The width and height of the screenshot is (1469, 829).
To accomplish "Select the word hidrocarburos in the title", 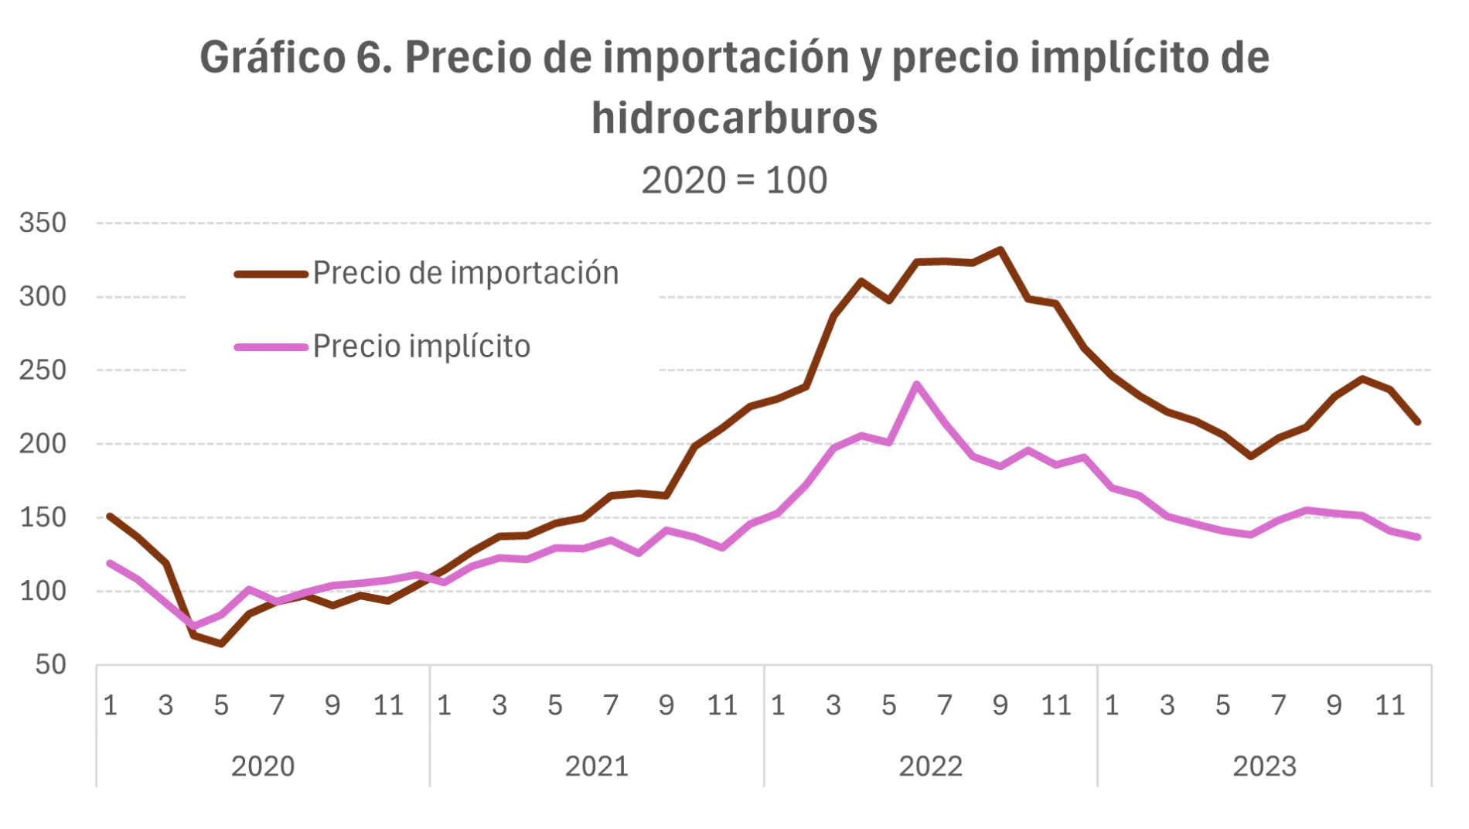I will (x=734, y=118).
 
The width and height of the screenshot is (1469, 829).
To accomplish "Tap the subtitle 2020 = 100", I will (x=734, y=181).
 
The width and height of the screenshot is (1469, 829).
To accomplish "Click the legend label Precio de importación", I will (x=465, y=273).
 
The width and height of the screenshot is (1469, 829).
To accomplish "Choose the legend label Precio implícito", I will (x=421, y=346).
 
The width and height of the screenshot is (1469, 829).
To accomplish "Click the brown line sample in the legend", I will (x=271, y=274).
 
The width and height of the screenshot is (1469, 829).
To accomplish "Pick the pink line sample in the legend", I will (x=271, y=347).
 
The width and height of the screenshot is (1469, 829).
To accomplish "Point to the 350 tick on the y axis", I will (x=43, y=223).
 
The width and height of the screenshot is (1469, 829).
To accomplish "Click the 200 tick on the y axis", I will (x=43, y=444).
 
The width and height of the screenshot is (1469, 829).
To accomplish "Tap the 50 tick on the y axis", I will (x=51, y=664).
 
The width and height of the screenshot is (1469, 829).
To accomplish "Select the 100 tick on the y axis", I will (x=43, y=591).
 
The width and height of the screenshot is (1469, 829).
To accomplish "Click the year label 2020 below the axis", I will (x=263, y=766).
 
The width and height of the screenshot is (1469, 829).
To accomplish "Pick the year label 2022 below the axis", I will (x=930, y=766).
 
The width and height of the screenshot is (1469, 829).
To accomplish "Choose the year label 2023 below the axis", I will (x=1264, y=766).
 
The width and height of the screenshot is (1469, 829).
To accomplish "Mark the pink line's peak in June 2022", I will (x=917, y=384).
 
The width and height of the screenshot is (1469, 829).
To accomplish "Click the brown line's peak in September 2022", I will (x=1000, y=250).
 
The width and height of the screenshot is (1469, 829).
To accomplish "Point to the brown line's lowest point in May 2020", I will (x=222, y=643).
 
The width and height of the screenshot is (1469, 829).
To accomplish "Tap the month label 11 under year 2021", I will (x=722, y=705).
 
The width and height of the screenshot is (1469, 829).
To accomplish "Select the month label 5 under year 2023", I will (x=1222, y=705).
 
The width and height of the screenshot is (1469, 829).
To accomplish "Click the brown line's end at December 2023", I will (x=1418, y=422).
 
